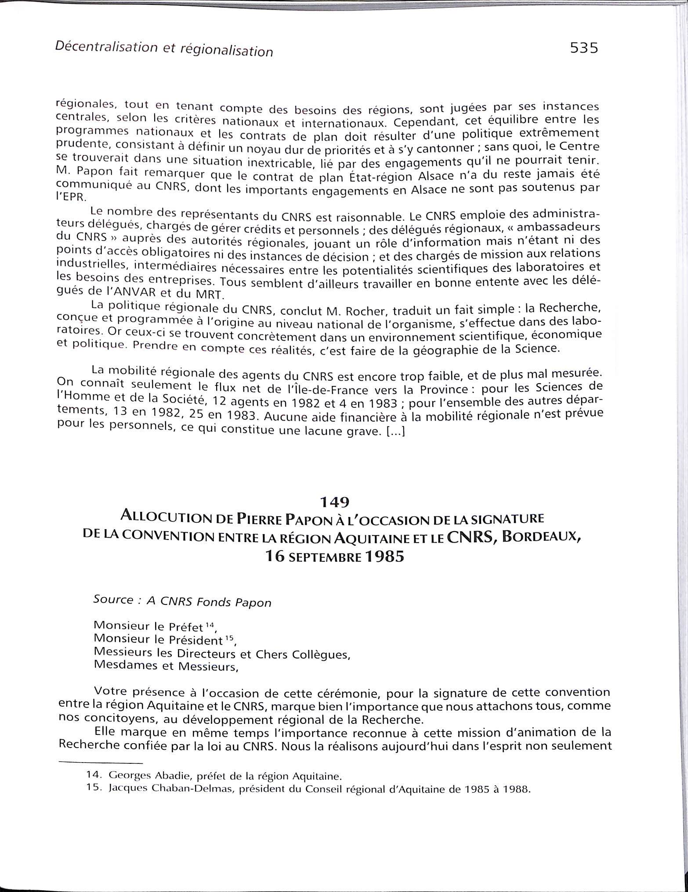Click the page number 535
(584, 47)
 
